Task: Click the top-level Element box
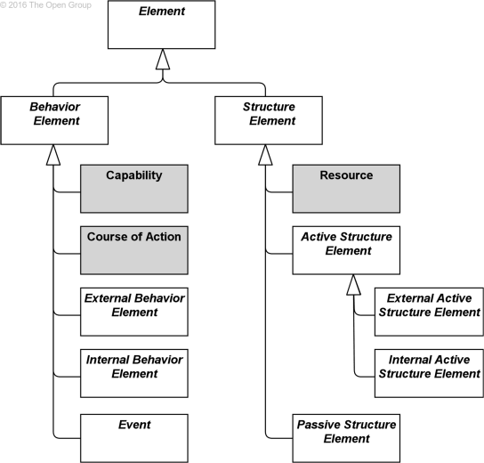pos(161,25)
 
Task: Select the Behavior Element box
pos(55,120)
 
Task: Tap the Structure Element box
pos(268,120)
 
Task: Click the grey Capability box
pos(134,188)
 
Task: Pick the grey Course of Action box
pos(134,250)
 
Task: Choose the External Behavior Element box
pos(134,313)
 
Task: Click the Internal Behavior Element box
pos(134,374)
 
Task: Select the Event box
pos(134,436)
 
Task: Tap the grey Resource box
pos(346,188)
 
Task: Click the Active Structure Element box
pos(346,250)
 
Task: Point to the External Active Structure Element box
pos(429,312)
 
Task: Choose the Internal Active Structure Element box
pos(429,374)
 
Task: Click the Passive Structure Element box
pos(346,436)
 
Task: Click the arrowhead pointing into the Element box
pos(161,60)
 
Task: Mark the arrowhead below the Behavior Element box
pos(54,155)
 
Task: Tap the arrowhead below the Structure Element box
pos(266,155)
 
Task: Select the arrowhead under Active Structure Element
pos(353,285)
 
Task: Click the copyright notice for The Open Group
pos(46,5)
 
